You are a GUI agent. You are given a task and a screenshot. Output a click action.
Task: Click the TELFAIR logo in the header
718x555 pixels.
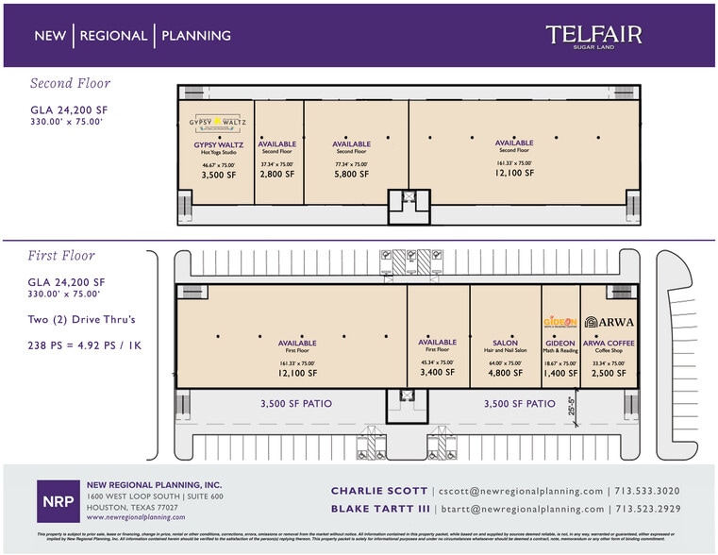[593, 35]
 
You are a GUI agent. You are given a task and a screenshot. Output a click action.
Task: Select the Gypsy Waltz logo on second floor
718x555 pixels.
[218, 122]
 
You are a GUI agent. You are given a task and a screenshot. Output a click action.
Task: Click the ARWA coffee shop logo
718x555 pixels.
[609, 322]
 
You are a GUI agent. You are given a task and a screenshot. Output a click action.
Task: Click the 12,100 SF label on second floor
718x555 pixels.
[513, 173]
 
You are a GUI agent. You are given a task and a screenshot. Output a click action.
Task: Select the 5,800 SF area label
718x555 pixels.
[351, 174]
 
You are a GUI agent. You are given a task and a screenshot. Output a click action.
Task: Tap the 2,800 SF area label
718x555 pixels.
[277, 174]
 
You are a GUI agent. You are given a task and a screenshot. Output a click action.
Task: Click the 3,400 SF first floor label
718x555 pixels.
[437, 372]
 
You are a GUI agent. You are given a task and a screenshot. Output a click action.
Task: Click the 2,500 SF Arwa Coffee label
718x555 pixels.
[609, 372]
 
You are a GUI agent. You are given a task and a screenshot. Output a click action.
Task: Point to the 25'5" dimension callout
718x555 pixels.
[572, 406]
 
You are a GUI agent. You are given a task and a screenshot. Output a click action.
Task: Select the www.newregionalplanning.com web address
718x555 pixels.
[136, 517]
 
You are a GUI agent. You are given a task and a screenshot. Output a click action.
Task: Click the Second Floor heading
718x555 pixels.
[70, 83]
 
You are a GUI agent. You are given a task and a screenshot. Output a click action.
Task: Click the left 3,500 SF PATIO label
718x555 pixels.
[295, 404]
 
